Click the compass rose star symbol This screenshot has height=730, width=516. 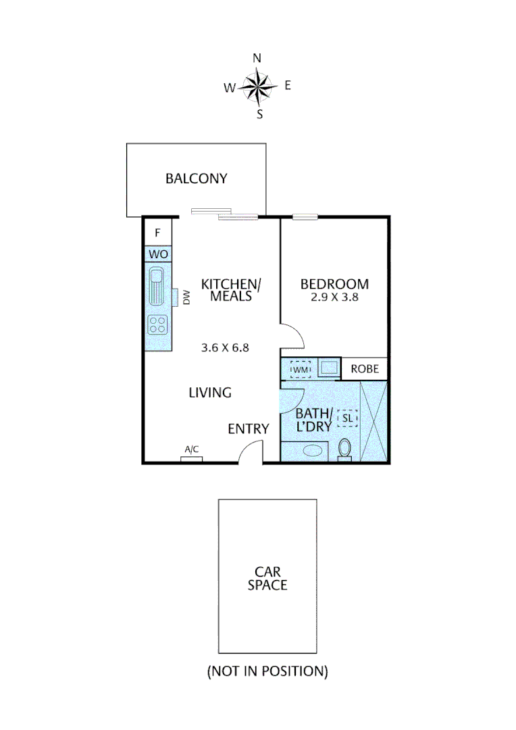point(257,86)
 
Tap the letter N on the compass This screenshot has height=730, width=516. point(257,58)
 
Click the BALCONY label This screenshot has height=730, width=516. point(197,179)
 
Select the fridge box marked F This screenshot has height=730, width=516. point(158,233)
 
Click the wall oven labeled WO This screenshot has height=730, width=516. point(158,255)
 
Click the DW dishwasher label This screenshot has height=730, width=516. point(186,298)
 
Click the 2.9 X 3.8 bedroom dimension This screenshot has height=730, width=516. point(335,297)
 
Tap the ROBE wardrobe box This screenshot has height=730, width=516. point(365,370)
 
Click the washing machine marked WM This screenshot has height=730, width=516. point(300,370)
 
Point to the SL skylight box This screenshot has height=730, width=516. point(347,419)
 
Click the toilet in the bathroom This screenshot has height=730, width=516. point(345,449)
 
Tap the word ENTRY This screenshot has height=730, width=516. point(248,429)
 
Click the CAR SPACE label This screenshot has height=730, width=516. point(267,578)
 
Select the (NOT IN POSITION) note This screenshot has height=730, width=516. point(267,671)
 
